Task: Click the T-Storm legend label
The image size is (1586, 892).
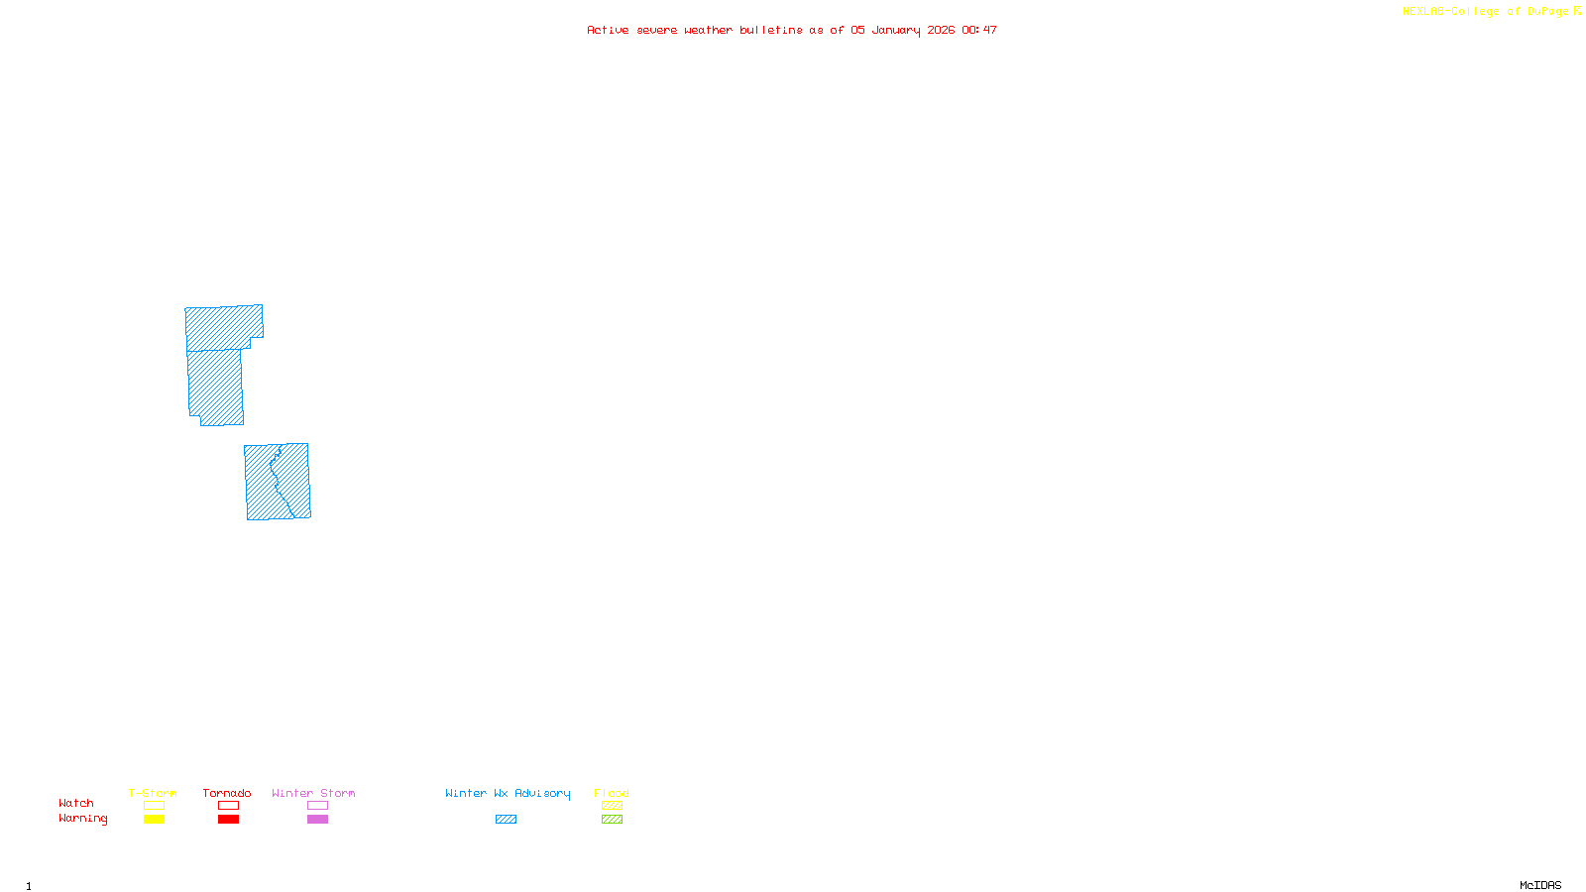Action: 153,793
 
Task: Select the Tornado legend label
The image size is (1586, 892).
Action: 227,793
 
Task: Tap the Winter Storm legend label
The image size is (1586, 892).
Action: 313,793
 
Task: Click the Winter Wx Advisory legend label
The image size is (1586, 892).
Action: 508,793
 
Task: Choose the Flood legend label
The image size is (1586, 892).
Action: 612,793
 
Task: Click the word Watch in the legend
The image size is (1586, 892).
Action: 76,803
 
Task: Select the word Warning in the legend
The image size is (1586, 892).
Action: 82,819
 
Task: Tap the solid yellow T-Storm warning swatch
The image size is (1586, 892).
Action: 154,820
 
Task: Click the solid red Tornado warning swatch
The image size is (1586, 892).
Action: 228,820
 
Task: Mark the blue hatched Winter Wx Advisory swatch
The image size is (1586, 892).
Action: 506,820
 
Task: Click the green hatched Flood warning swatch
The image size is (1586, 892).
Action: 612,820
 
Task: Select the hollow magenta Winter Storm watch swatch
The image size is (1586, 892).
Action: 317,806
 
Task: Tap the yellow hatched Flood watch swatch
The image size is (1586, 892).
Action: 612,806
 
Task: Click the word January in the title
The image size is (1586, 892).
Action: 895,30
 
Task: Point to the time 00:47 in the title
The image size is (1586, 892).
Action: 978,30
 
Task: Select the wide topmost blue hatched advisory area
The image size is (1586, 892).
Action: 223,327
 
